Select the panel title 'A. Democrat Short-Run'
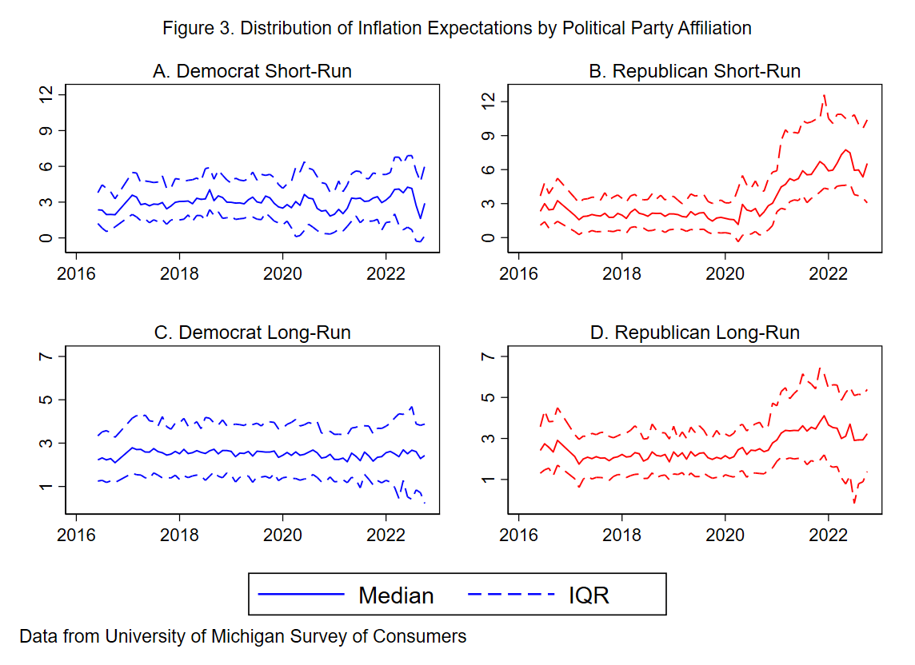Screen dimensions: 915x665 [x=252, y=71]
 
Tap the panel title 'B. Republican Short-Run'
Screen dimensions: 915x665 [x=694, y=71]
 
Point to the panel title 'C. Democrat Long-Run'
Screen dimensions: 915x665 [x=252, y=332]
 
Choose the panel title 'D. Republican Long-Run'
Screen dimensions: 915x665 [x=694, y=332]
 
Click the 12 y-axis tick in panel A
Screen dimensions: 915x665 [x=45, y=94]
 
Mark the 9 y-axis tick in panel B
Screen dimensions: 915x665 [x=488, y=136]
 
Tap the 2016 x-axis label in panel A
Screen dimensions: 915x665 [x=76, y=273]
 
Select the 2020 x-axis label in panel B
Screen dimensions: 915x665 [x=725, y=273]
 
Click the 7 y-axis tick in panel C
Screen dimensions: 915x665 [x=45, y=356]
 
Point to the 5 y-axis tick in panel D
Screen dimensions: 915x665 [x=488, y=397]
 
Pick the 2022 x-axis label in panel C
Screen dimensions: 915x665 [x=386, y=535]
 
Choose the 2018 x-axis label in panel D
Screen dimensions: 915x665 [x=621, y=535]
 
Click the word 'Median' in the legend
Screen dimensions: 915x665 [x=396, y=595]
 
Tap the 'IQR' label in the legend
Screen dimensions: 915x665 [x=589, y=595]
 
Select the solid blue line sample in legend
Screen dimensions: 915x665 [x=301, y=595]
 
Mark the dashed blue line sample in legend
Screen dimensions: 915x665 [x=511, y=595]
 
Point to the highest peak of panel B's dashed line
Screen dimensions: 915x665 [x=824, y=95]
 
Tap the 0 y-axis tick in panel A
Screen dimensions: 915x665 [x=45, y=238]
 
